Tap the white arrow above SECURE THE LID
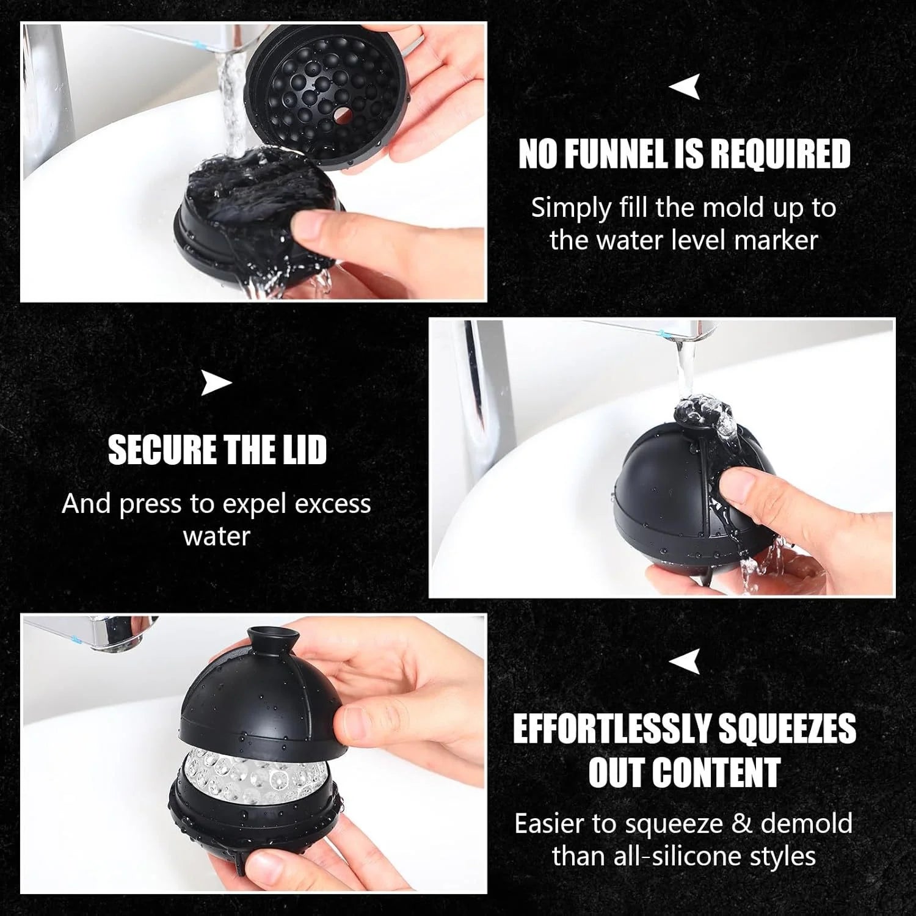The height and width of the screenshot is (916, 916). click(x=217, y=383)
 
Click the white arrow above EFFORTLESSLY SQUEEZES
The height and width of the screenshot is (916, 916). click(x=685, y=661)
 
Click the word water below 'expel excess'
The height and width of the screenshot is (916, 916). click(x=217, y=536)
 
